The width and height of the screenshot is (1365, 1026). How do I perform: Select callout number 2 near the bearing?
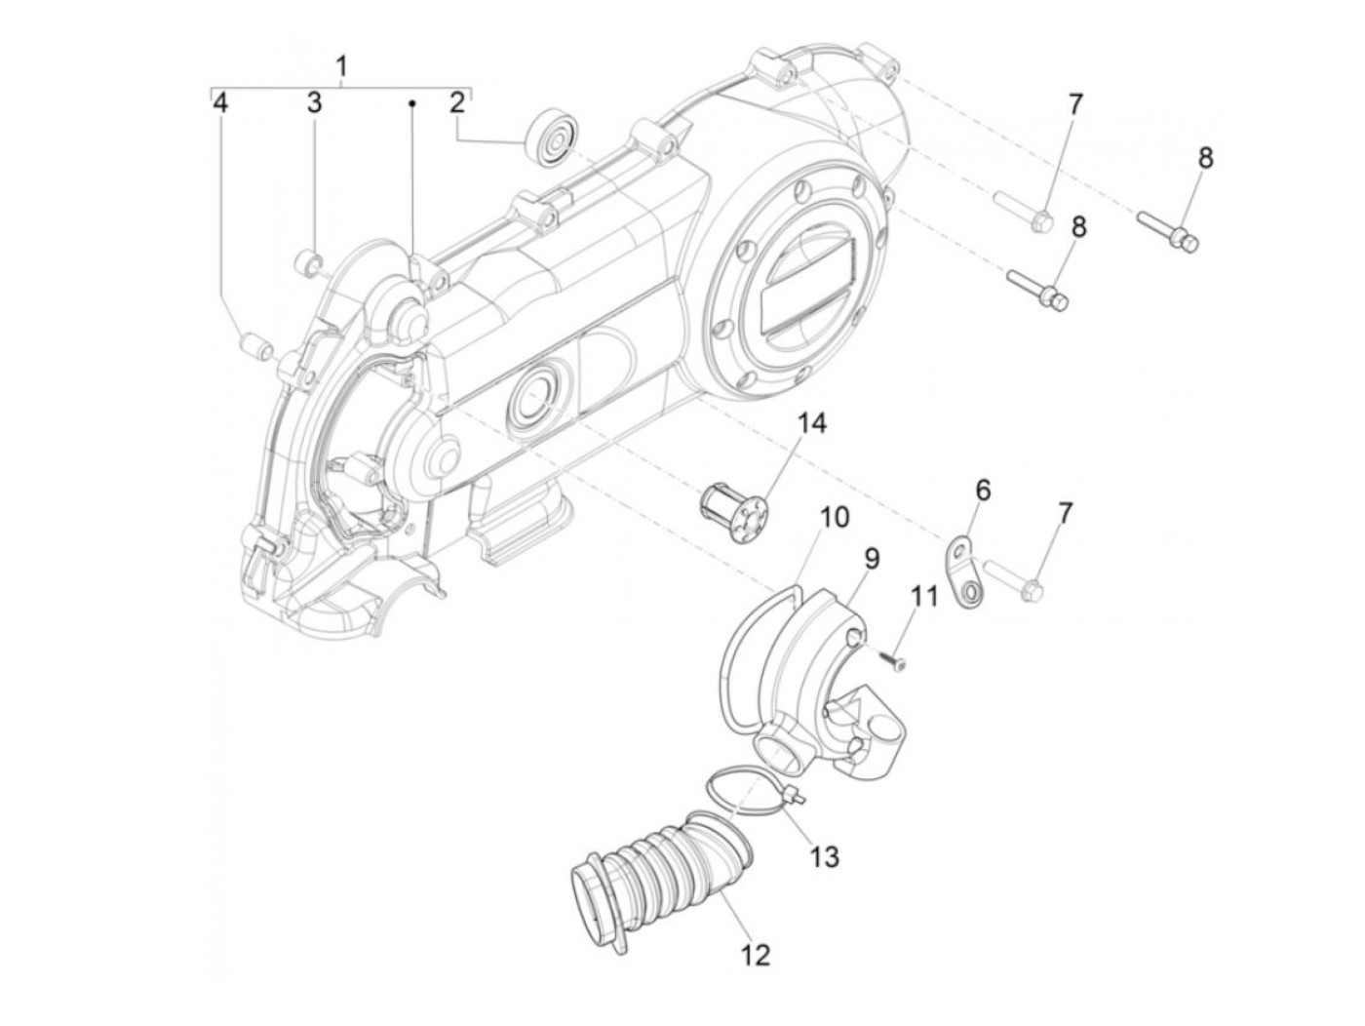click(457, 102)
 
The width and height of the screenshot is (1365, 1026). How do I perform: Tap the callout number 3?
click(314, 102)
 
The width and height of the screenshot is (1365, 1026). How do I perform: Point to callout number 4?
click(221, 102)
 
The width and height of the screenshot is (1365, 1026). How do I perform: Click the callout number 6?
click(982, 490)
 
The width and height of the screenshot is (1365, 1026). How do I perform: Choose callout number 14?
click(811, 425)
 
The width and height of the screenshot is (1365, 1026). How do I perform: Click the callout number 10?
click(835, 517)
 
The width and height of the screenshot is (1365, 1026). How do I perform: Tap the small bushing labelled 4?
click(254, 347)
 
